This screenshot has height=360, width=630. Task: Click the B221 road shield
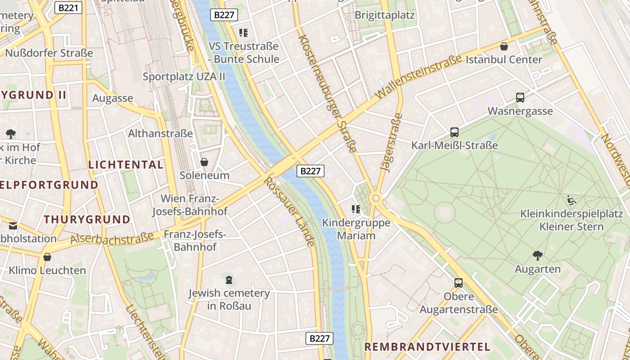pos(68,7)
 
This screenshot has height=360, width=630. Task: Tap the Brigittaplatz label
pos(384,15)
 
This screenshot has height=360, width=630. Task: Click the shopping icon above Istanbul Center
pos(504,46)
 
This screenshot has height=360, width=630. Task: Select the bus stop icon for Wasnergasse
pos(520,98)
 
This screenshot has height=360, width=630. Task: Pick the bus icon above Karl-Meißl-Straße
pos(454,132)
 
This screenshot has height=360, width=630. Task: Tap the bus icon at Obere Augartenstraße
pos(459,283)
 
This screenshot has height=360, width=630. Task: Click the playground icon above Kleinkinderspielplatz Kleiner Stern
pos(571,200)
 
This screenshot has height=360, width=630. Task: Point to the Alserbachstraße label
pos(112,238)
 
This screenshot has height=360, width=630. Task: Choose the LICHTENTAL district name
pos(126,165)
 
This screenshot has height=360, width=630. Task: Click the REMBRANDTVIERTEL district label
pos(427,347)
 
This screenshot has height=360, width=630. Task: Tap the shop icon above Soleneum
pos(204,162)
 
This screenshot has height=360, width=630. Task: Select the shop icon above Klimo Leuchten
pos(47,257)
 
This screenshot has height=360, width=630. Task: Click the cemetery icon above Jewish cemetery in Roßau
pos(229,280)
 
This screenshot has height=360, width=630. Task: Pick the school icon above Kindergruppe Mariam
pos(356,209)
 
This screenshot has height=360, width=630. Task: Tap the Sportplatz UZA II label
pos(184,76)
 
